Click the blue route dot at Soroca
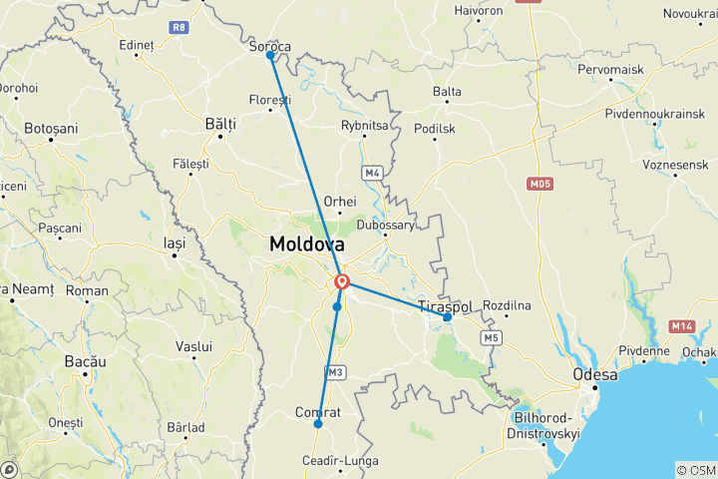[270, 56]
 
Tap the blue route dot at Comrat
[318, 424]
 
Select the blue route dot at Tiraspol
[447, 317]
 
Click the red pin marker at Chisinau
[342, 282]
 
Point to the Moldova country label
[306, 243]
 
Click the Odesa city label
[594, 375]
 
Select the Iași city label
[175, 240]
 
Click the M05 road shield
[540, 184]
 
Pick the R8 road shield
[179, 28]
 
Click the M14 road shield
[682, 326]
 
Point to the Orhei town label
[339, 201]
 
